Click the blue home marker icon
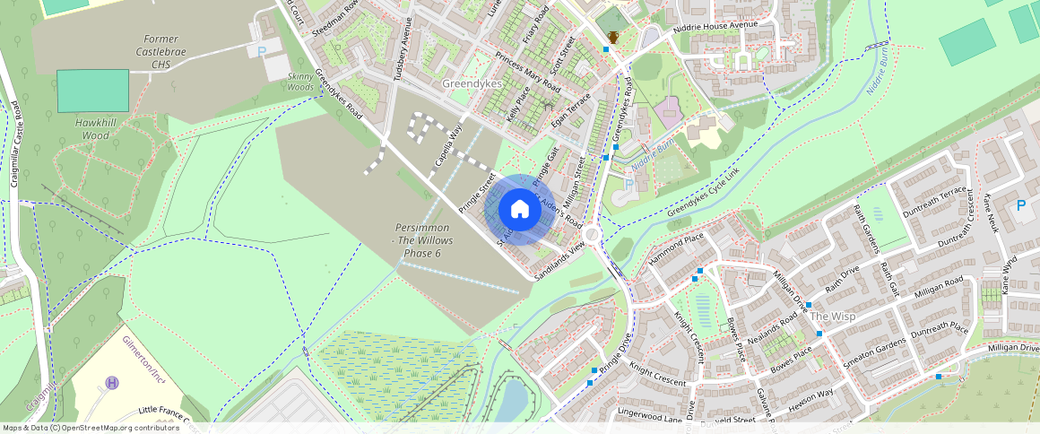519,210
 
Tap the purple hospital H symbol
112,383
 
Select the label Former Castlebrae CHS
160,51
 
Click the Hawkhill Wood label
92,128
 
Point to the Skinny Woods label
300,82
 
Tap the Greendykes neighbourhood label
472,83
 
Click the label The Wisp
832,317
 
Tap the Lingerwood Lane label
649,414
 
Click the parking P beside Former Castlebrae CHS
262,53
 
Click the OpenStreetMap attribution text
91,428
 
